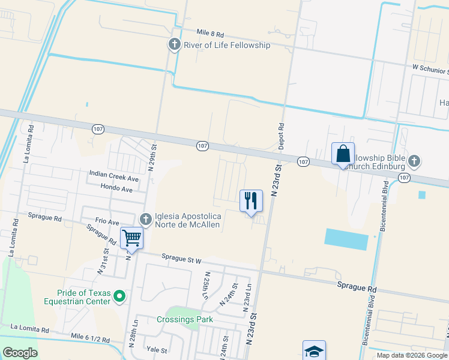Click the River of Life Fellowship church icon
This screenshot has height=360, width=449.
click(174, 44)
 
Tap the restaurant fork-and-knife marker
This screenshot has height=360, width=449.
click(251, 200)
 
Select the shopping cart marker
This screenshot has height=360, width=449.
click(132, 238)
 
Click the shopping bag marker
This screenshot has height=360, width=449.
click(343, 154)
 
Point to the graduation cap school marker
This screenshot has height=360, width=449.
click(314, 351)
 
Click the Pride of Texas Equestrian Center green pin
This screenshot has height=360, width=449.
click(119, 296)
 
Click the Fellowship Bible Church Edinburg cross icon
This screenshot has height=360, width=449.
click(414, 161)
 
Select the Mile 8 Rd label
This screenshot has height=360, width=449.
click(210, 34)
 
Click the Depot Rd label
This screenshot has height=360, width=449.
click(280, 136)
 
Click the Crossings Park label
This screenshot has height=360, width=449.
click(185, 319)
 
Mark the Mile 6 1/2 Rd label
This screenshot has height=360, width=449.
click(90, 339)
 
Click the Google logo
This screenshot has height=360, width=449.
click(20, 353)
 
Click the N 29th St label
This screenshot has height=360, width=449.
click(154, 155)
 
